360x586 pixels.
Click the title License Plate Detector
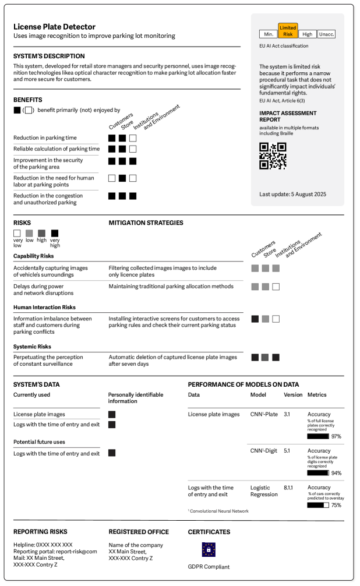54,27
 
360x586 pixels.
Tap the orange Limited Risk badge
288,31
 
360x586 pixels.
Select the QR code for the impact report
273,156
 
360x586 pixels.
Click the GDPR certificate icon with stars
209,549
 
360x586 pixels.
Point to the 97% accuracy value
336,436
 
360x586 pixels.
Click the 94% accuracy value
336,473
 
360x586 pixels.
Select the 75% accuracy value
336,505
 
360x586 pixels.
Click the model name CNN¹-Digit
263,451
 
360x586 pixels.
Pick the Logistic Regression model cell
263,491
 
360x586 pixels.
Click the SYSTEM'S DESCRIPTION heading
49,57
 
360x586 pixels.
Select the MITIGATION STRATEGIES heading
146,223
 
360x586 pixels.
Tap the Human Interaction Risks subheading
45,307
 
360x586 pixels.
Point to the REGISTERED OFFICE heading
139,532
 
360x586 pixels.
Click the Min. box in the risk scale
269,34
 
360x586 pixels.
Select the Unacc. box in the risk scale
326,34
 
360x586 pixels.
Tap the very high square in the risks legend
55,234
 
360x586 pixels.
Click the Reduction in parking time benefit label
45,138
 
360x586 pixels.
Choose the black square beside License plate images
112,414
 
